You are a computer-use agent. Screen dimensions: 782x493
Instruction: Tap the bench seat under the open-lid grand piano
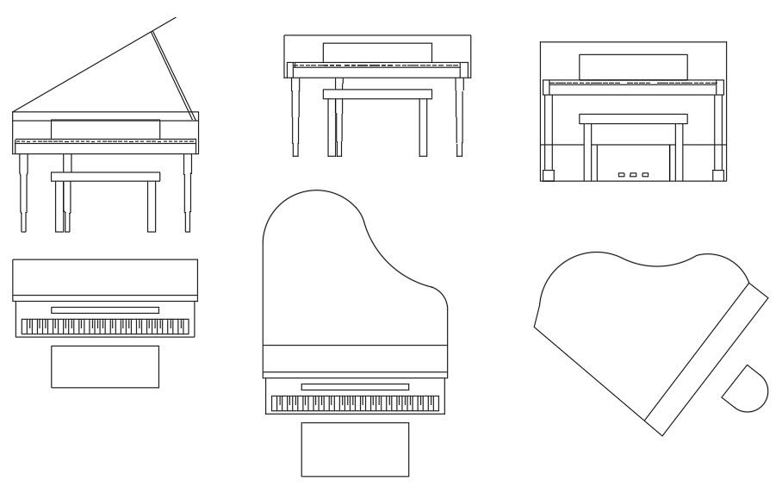coord(105,177)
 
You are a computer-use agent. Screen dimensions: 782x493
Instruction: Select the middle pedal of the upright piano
coord(633,175)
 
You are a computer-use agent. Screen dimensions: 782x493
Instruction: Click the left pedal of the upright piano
coord(622,175)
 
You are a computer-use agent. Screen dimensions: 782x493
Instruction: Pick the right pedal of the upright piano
coord(644,175)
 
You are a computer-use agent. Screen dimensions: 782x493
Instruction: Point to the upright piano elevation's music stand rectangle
coord(633,66)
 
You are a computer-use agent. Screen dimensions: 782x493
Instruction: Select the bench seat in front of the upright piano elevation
coord(633,118)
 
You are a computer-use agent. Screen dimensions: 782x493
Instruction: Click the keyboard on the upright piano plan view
coord(104,327)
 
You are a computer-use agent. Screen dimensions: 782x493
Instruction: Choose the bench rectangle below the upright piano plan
coord(104,366)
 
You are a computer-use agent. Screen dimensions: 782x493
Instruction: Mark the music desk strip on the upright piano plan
coord(104,309)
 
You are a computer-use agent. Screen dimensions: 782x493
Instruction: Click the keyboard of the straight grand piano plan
coord(355,403)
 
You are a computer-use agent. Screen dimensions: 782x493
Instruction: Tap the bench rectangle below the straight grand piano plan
coord(355,449)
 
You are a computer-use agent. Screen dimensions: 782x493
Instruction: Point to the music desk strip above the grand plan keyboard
coord(355,387)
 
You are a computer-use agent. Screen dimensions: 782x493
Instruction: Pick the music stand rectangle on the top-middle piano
coord(376,52)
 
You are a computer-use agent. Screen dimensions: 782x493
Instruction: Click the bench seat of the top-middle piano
coord(376,94)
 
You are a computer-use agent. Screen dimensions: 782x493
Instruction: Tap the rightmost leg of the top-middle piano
coord(460,116)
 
